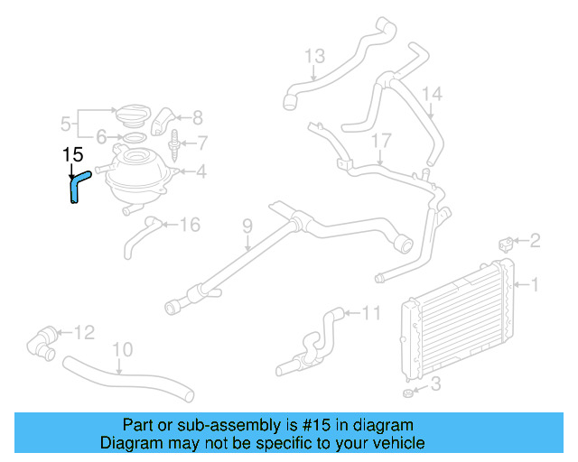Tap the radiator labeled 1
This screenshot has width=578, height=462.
coord(457,321)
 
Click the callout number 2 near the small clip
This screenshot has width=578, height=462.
coord(535,240)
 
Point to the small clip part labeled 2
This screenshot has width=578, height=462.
coord(507,244)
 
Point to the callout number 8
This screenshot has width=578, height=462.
coord(198,116)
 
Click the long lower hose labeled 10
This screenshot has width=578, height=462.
coord(126,378)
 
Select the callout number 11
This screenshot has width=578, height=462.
coord(372,314)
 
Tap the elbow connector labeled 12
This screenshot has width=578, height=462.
coord(42,340)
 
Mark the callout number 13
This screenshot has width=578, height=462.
coord(313,57)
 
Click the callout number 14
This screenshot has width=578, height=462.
coord(433,94)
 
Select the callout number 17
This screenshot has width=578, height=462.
coord(381,142)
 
